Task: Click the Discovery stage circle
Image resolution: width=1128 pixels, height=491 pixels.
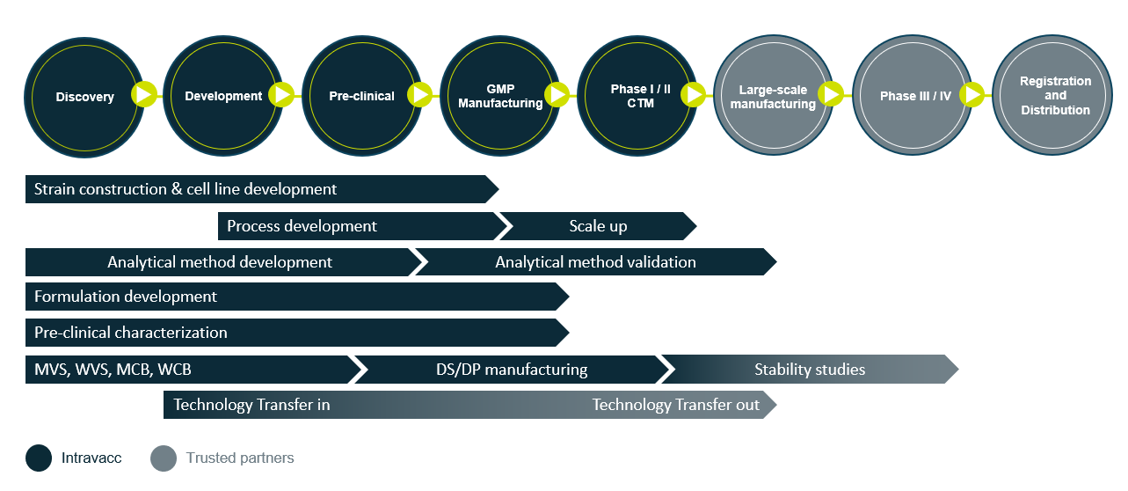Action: pos(84,98)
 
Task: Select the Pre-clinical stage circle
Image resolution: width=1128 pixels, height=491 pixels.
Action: pos(362,96)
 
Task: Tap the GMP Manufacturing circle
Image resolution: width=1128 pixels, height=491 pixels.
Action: pos(500,96)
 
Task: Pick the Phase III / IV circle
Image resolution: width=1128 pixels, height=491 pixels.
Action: pos(913,95)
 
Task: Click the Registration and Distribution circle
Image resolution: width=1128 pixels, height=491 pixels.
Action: pos(1052,95)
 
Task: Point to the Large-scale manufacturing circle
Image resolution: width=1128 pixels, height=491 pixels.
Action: pos(774,95)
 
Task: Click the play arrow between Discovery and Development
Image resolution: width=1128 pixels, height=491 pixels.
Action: pos(144,94)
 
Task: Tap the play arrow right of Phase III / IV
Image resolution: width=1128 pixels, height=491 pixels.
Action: pos(972,94)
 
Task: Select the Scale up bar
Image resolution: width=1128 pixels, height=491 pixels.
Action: pos(598,226)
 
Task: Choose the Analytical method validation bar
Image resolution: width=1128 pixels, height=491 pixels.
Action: pos(596,262)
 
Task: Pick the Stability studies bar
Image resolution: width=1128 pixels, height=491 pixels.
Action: pos(810,370)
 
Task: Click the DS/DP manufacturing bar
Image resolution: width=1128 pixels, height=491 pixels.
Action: pos(512,370)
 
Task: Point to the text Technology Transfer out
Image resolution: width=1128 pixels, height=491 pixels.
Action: pos(676,405)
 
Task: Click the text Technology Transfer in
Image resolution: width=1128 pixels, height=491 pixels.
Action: pos(251,405)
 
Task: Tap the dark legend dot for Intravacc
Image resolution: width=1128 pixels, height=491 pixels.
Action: pos(39,458)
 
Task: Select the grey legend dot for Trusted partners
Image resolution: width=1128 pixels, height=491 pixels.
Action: pos(164,458)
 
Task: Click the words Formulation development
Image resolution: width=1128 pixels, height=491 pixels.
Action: pos(126,297)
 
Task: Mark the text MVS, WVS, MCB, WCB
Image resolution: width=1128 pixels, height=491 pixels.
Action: pos(113,370)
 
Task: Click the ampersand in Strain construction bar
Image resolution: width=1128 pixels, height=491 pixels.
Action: pos(177,189)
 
